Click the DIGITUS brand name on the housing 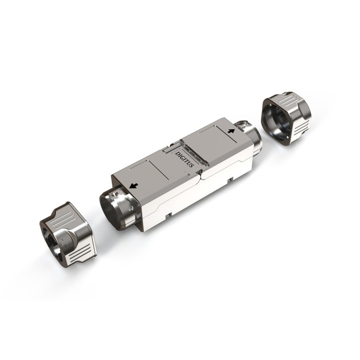(184, 159)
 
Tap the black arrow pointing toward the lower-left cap (134, 185)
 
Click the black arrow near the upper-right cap (231, 131)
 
